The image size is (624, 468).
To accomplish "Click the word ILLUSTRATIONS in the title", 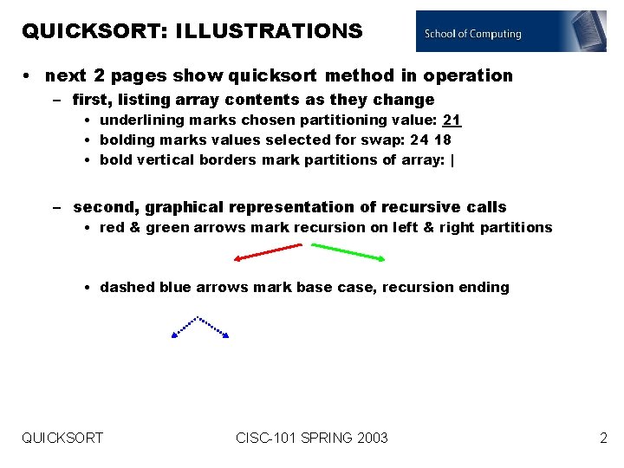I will click(269, 31).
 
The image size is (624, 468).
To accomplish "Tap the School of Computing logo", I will click(510, 32).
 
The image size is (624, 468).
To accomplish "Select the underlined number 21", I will click(452, 120).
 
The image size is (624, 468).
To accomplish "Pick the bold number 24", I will click(419, 140).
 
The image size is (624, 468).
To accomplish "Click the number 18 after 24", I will click(442, 140).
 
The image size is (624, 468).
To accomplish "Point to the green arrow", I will click(349, 252).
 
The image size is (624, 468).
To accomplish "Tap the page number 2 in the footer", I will click(603, 439).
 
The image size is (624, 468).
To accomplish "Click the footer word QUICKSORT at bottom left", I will click(62, 439).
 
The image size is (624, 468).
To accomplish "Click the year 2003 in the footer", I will click(371, 439).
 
